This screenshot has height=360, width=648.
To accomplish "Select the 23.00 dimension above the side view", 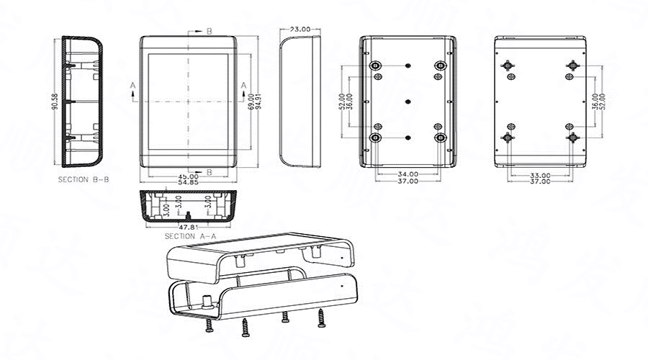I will pos(300,30).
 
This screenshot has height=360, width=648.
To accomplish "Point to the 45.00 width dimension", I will pos(189,176).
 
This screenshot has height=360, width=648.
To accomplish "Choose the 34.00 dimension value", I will pos(408,174).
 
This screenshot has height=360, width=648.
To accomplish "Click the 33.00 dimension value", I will pos(540,174).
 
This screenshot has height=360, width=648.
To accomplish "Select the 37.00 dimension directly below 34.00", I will pos(408,181).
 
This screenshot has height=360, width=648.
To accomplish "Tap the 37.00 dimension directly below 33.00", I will pos(540,181).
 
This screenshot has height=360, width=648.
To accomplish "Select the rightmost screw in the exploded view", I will pos(320,315).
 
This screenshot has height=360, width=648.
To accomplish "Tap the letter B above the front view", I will pos(209,31).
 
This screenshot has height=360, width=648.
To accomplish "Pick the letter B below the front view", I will pos(209,171).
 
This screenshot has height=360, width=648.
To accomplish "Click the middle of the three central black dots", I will pos(408,101).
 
